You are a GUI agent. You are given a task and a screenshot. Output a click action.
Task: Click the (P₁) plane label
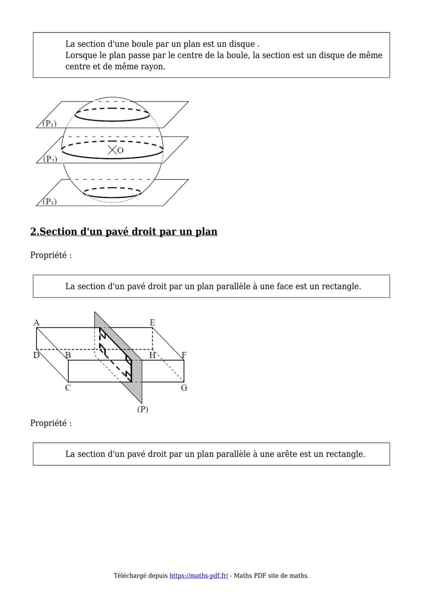point(49,124)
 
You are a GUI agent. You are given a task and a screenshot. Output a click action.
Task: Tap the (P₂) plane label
point(50,159)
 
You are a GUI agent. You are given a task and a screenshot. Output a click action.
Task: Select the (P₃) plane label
point(49,202)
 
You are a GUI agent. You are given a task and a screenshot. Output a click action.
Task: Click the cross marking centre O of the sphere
point(112,150)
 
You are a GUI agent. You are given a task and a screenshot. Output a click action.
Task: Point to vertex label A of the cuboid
point(36,323)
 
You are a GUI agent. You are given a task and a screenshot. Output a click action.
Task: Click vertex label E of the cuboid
point(152,322)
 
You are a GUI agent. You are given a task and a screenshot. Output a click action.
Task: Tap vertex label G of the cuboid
point(184,388)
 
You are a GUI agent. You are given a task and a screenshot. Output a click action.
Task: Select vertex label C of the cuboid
point(68,388)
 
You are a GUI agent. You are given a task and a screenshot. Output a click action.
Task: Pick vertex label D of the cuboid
point(36,355)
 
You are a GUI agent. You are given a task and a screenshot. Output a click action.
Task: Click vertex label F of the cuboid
point(184,355)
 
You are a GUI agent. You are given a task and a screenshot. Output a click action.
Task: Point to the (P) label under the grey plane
point(143,409)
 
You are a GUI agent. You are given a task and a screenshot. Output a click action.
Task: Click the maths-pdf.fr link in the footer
point(199,576)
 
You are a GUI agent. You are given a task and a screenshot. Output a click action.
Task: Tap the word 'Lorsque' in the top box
point(81,55)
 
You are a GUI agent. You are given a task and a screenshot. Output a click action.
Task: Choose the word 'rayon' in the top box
point(152,67)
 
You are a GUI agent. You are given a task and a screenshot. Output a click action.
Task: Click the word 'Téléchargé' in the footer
point(130,576)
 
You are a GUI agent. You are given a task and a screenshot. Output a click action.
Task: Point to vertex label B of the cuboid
point(68,355)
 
